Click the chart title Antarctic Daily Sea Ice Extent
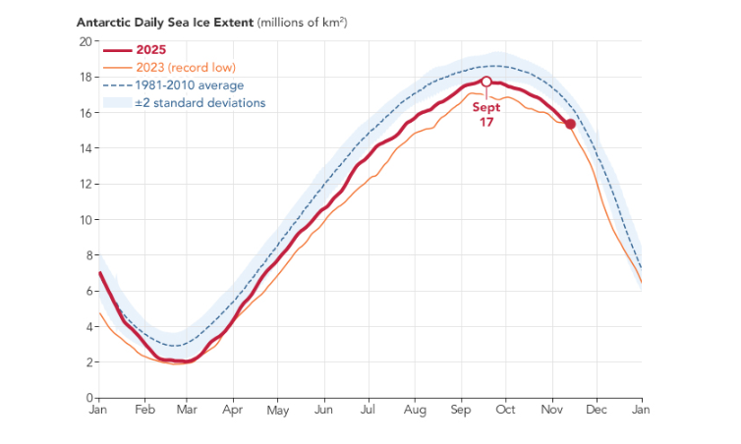point(173,22)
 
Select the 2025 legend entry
point(154,50)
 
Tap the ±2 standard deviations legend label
point(201,103)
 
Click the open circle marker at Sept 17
point(485,82)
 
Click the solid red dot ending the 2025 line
point(570,124)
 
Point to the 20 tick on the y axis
point(85,41)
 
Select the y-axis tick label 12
point(85,184)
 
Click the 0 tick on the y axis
point(88,398)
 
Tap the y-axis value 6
point(88,291)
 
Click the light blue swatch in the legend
point(117,103)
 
